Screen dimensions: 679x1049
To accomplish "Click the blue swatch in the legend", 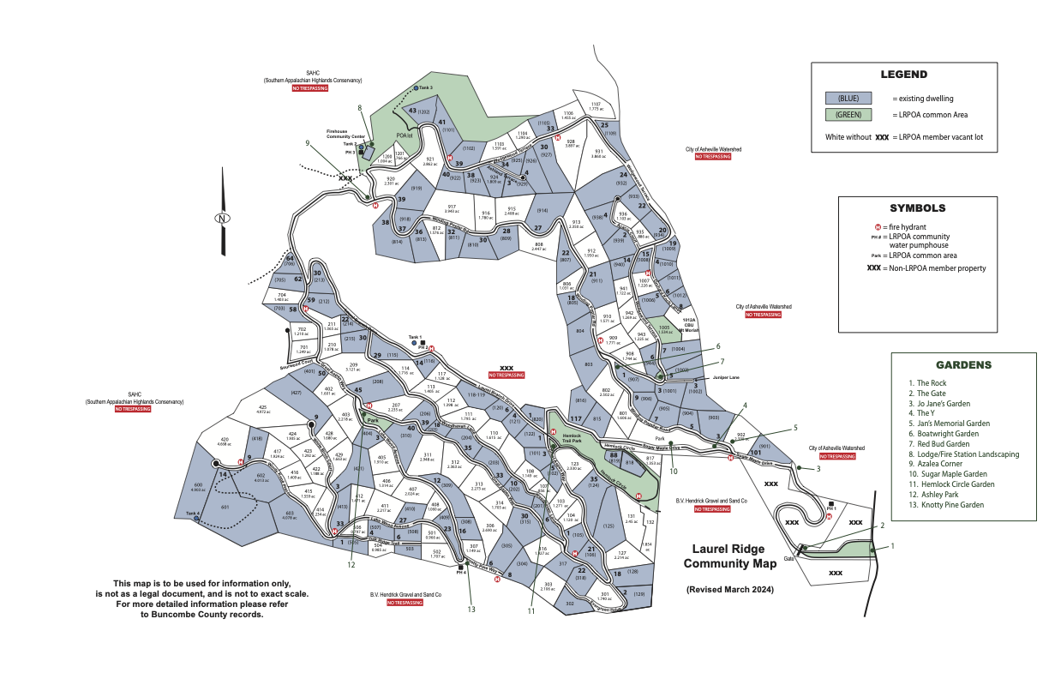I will (848, 99).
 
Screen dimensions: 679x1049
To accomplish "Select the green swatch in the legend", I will (848, 115).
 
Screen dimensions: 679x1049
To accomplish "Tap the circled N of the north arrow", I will (222, 218).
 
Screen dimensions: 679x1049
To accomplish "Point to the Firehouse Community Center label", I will (345, 135).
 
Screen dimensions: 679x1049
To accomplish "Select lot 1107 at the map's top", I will (596, 106).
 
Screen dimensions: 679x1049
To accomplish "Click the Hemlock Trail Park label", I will (572, 438).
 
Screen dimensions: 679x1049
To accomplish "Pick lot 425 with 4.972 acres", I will (263, 409).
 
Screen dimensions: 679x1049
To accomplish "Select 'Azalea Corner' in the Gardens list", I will (942, 464).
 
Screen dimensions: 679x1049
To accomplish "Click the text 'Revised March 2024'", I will (729, 590).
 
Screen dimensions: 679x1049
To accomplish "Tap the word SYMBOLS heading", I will (917, 207).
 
